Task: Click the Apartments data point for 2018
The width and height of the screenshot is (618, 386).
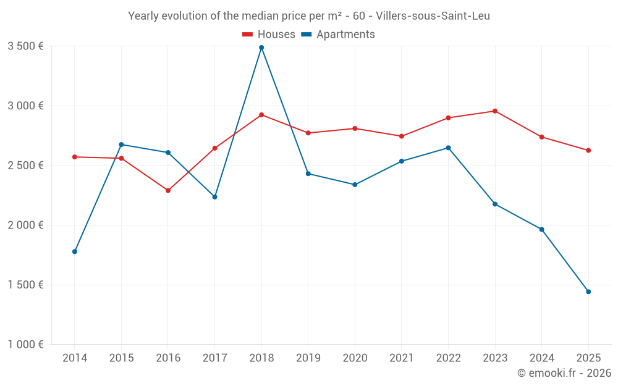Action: coord(261,48)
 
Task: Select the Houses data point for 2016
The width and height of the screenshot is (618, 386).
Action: coord(168,190)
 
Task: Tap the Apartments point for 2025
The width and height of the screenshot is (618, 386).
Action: coord(588,292)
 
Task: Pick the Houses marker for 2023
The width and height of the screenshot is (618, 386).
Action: coord(495,111)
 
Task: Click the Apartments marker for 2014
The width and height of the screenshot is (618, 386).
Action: coord(75,251)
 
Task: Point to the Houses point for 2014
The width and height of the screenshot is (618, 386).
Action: coord(75,157)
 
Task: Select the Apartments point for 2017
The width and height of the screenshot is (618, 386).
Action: coord(214,197)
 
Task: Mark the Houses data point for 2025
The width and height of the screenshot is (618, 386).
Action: coord(588,150)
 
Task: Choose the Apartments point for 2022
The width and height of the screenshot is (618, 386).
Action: coord(448,148)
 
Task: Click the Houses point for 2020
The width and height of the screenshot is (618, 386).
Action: coord(355,128)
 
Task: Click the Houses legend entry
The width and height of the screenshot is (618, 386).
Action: coord(269,35)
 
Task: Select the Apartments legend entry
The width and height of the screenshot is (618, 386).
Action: coord(338,35)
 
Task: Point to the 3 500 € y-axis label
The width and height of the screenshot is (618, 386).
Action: coord(25,46)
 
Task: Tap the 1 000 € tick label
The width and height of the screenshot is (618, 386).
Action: coord(25,345)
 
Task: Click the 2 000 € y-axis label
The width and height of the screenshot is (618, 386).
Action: coord(25,225)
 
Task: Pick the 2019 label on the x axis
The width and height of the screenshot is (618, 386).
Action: coord(308,358)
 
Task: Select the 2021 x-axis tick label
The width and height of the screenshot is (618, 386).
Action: coord(401,358)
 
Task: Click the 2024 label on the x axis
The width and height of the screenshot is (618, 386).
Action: coord(541,358)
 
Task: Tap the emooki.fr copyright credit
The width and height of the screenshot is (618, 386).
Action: coord(564,373)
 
